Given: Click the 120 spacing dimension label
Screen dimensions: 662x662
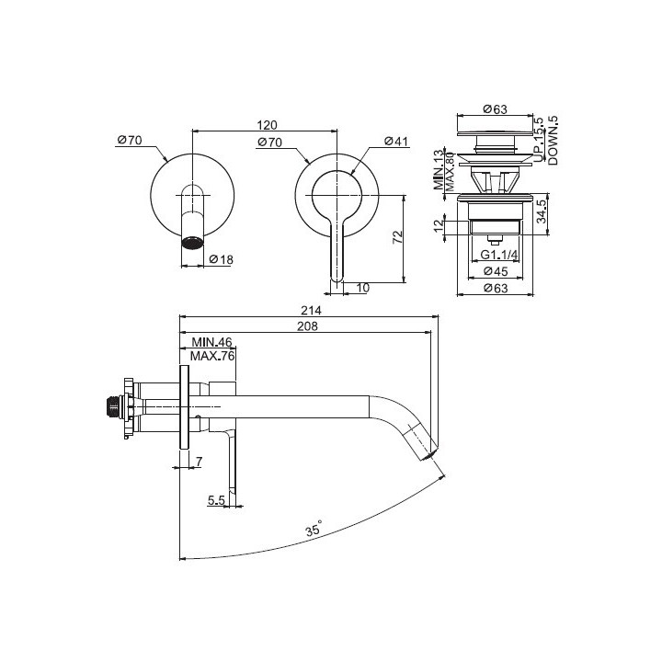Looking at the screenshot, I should click(267, 125).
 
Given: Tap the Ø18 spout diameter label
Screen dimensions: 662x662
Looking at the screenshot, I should click(222, 260).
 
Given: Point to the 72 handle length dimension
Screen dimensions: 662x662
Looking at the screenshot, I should click(396, 236).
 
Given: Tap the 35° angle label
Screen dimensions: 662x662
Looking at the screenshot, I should click(314, 531).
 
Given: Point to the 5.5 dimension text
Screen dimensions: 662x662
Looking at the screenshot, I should click(217, 499).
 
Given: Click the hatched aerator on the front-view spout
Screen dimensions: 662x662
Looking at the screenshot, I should click(191, 244).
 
